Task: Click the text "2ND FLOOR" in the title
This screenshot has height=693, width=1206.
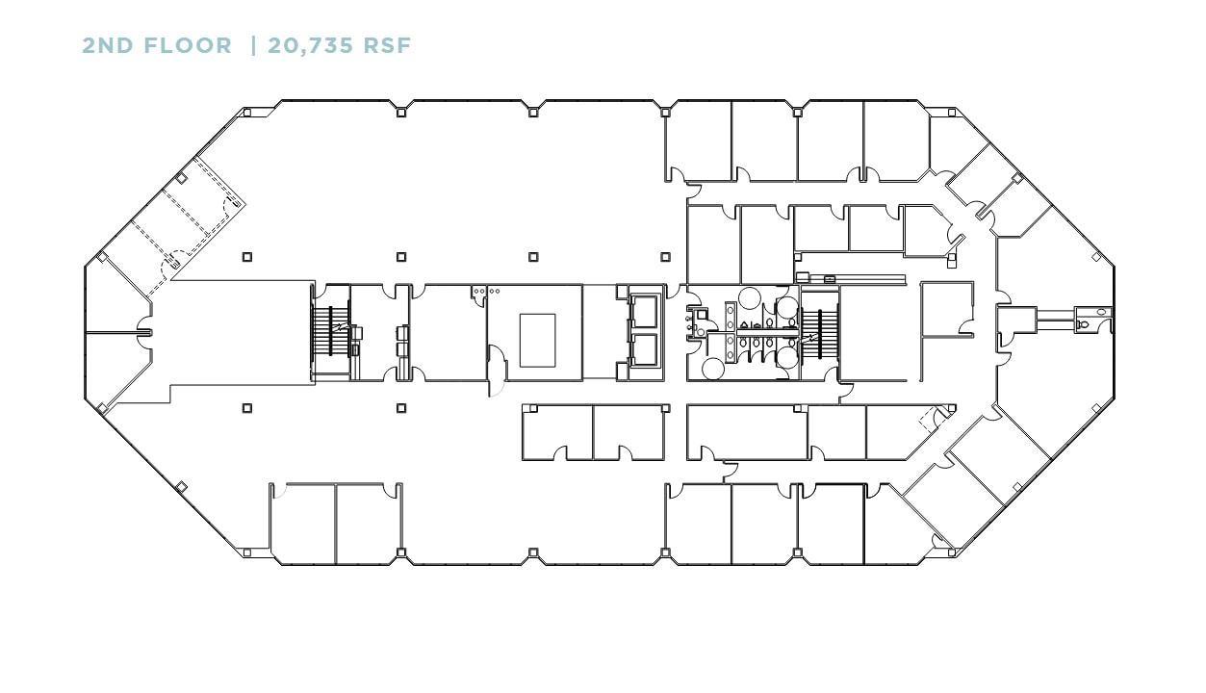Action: [x=157, y=45]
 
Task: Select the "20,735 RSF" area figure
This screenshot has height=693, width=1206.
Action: [x=339, y=45]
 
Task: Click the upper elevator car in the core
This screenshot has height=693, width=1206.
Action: [x=644, y=310]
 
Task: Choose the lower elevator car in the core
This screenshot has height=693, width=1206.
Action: [x=644, y=349]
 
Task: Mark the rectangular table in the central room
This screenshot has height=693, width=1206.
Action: [x=537, y=340]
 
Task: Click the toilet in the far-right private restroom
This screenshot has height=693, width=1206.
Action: [x=1084, y=325]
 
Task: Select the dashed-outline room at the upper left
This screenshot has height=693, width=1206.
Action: [x=188, y=218]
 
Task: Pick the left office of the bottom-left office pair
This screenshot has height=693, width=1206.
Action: [x=302, y=523]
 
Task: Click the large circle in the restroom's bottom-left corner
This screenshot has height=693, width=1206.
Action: [x=714, y=369]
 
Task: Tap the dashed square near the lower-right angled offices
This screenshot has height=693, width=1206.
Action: [x=929, y=419]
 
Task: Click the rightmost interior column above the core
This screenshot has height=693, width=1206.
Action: [x=665, y=257]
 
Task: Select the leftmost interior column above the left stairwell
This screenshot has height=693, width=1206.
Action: [x=247, y=257]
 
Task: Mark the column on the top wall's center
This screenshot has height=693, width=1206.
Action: [x=533, y=112]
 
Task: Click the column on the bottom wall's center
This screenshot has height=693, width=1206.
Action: [x=533, y=552]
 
